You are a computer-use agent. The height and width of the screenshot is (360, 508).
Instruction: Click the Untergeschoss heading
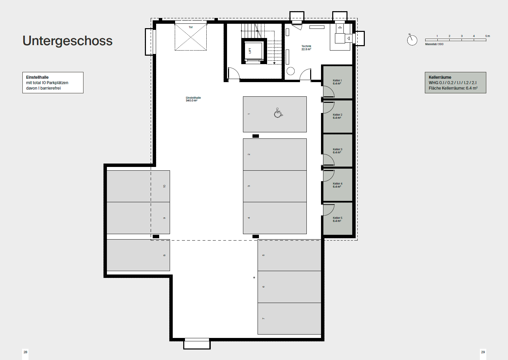(x=67, y=41)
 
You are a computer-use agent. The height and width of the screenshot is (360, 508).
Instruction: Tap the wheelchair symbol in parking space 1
(x=278, y=113)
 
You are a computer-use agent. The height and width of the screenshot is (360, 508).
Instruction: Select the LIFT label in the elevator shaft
(x=250, y=51)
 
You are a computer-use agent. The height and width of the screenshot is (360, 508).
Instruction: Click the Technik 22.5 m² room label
(x=306, y=48)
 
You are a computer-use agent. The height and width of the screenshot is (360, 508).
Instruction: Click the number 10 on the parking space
(x=165, y=186)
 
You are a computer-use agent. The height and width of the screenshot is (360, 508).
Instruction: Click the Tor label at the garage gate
(x=191, y=27)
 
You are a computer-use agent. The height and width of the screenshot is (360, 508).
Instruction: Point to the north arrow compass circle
(x=412, y=40)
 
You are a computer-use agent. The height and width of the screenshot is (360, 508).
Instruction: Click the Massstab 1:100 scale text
(x=434, y=44)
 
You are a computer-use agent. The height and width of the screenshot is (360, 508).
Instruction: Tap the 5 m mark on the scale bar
(x=488, y=36)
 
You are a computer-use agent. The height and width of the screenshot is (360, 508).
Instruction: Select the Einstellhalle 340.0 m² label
(x=193, y=99)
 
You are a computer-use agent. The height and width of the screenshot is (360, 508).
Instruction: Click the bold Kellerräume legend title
(x=440, y=77)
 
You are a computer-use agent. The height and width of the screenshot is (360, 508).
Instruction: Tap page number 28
(x=25, y=352)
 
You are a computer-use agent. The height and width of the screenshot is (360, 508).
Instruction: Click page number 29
(x=483, y=352)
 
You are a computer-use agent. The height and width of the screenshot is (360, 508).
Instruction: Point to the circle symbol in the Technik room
(x=290, y=71)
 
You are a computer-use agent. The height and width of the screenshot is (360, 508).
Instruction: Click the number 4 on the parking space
(x=249, y=218)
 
